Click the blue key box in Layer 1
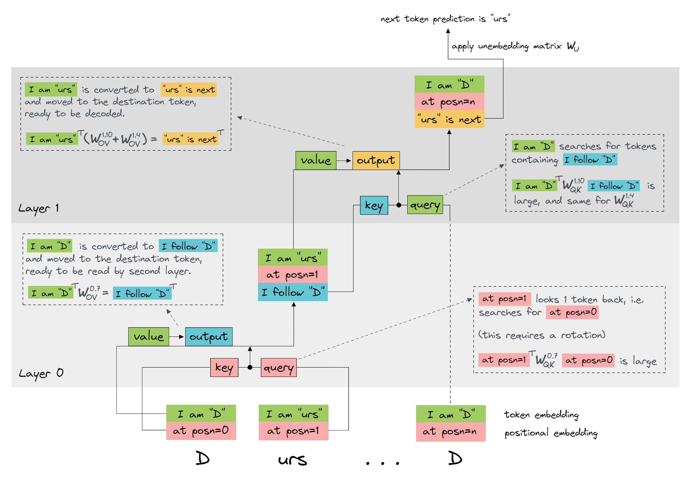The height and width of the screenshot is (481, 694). click(x=374, y=205)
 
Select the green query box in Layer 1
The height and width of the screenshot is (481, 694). click(x=425, y=205)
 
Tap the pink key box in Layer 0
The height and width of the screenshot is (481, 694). click(x=224, y=367)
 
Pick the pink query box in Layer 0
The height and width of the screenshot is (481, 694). click(x=278, y=367)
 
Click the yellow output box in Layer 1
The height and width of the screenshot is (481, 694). click(x=376, y=160)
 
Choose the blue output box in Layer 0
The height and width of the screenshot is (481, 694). click(x=208, y=336)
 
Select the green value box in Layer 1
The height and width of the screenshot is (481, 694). click(x=316, y=160)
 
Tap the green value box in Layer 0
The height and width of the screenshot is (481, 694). click(x=149, y=336)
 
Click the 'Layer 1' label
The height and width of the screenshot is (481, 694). click(x=38, y=208)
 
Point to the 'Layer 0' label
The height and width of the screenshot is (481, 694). click(x=41, y=373)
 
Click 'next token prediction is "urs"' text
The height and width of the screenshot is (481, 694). click(x=445, y=19)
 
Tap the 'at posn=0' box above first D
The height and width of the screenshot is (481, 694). click(x=201, y=431)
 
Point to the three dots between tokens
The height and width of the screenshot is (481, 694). click(x=382, y=463)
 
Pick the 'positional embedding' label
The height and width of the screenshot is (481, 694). click(x=551, y=433)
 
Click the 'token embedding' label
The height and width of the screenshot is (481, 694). click(x=541, y=415)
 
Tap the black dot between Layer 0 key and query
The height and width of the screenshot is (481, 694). click(x=250, y=367)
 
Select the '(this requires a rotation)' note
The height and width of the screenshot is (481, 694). click(x=542, y=335)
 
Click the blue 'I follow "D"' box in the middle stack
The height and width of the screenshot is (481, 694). click(x=293, y=292)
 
